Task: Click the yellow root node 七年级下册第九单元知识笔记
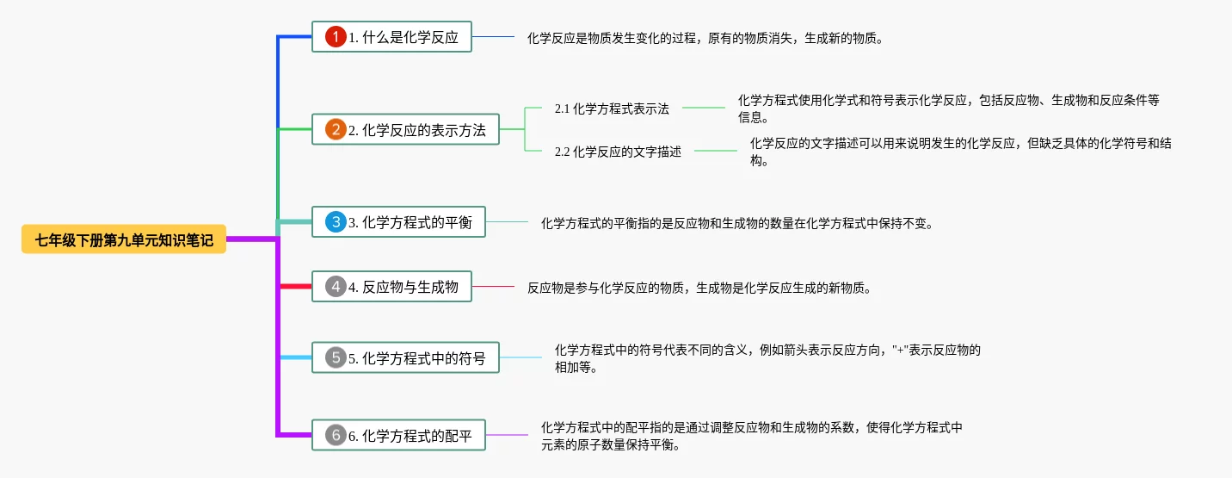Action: coord(124,239)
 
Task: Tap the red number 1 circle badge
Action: coord(336,37)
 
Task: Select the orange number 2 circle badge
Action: coord(336,129)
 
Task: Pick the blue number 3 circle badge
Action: coord(336,222)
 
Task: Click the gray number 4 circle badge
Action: coord(336,286)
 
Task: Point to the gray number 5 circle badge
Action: coord(336,357)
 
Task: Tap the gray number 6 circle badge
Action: coord(336,435)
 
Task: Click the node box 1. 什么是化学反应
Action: coord(391,37)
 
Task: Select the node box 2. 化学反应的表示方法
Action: coord(405,129)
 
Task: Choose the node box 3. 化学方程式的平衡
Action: coord(398,222)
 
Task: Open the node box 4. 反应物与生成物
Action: coord(391,286)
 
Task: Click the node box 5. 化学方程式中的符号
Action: coord(405,357)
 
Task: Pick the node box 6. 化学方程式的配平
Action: coord(398,435)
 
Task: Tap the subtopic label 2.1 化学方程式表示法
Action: coord(612,109)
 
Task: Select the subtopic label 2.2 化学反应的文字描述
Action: coord(618,152)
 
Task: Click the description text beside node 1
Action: coord(705,38)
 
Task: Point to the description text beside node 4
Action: coord(699,288)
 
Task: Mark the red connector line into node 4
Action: coord(295,286)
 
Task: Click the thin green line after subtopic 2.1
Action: coord(704,108)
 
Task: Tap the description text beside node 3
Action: coord(737,223)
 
